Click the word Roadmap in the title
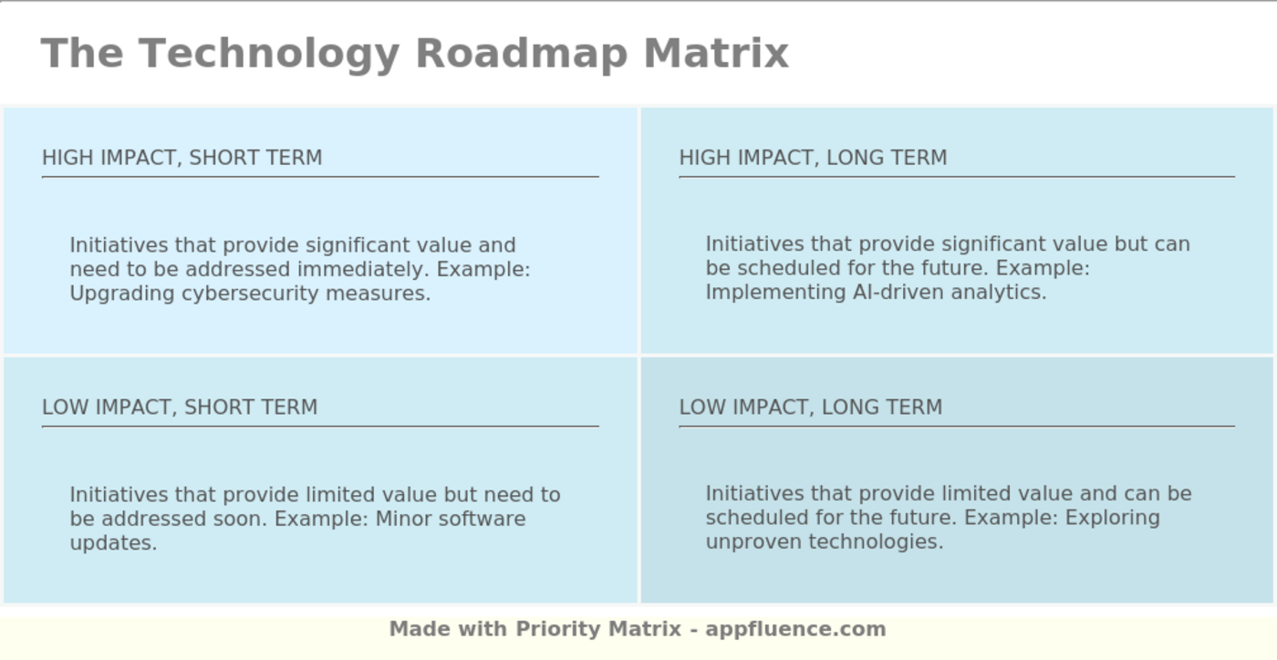click(x=521, y=53)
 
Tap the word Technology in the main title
click(x=269, y=53)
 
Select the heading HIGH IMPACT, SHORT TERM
click(x=182, y=158)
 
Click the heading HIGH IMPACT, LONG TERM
click(x=813, y=158)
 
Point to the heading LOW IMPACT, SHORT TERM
click(x=180, y=407)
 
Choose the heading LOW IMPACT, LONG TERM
click(x=810, y=407)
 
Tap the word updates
click(x=113, y=542)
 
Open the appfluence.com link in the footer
click(x=795, y=629)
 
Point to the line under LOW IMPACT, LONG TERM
click(x=956, y=426)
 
